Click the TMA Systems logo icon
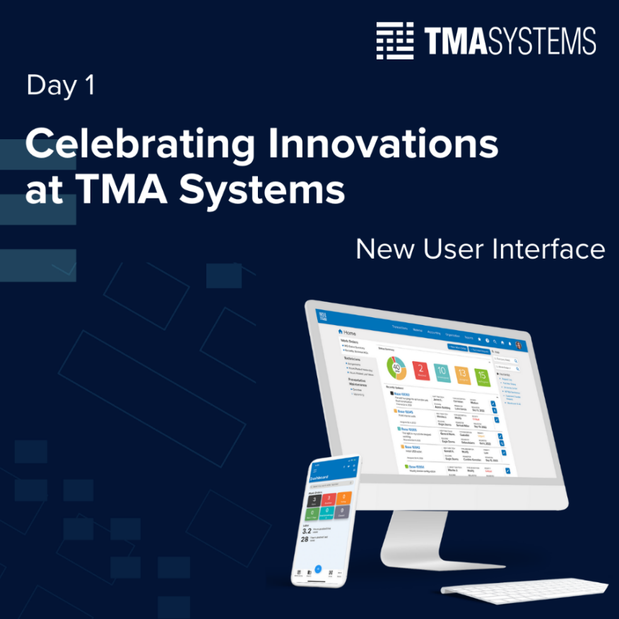(394, 41)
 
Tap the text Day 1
(60, 86)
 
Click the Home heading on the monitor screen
(348, 332)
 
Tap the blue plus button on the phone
(319, 568)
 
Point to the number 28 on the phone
(306, 539)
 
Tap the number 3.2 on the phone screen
(307, 531)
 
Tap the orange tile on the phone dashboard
(341, 499)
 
